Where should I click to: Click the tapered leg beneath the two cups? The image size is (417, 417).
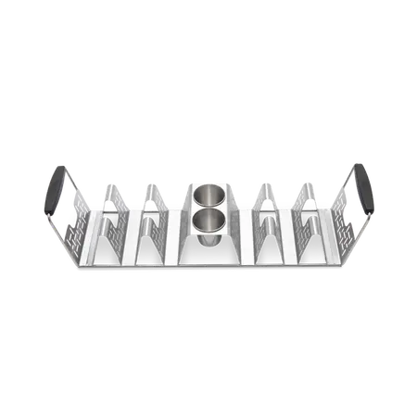coord(210,244)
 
